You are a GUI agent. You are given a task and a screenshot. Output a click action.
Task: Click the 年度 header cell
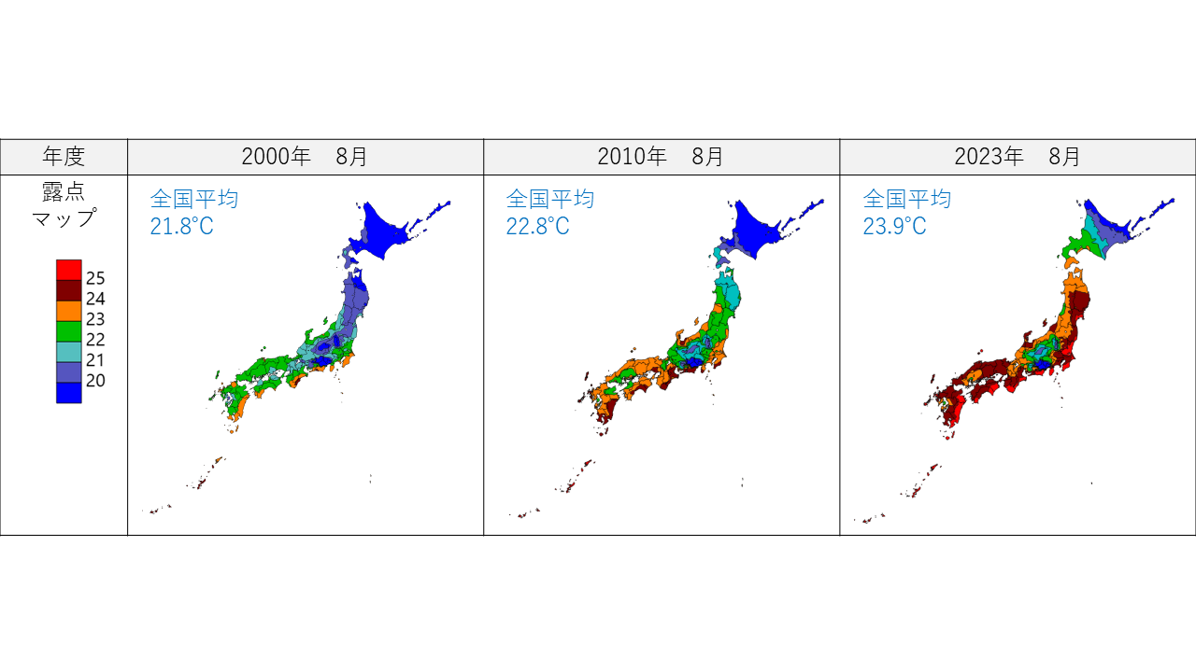[64, 157]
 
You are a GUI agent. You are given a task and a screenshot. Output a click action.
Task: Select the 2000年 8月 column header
[305, 157]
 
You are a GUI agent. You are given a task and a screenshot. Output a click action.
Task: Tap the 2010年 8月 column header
[661, 157]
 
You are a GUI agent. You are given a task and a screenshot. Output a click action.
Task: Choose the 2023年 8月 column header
[1018, 157]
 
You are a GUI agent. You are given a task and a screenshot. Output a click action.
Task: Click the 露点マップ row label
[64, 204]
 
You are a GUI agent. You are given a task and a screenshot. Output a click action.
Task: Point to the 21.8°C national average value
[181, 226]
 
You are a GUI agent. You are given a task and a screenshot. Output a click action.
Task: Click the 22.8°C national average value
[537, 226]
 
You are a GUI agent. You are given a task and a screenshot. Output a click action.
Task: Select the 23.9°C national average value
[894, 226]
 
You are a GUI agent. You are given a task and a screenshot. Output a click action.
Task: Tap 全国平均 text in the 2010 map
[550, 199]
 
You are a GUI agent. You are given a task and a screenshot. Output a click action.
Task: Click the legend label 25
[95, 278]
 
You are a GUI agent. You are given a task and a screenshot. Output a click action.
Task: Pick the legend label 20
[95, 381]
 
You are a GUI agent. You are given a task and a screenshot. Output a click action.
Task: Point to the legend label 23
[95, 319]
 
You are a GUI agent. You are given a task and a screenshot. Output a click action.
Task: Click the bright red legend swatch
[69, 270]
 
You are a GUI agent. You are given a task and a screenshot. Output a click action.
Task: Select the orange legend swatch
[69, 311]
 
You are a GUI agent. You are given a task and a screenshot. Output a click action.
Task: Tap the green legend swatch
[69, 331]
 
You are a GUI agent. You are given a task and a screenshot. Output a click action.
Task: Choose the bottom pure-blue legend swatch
[69, 393]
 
